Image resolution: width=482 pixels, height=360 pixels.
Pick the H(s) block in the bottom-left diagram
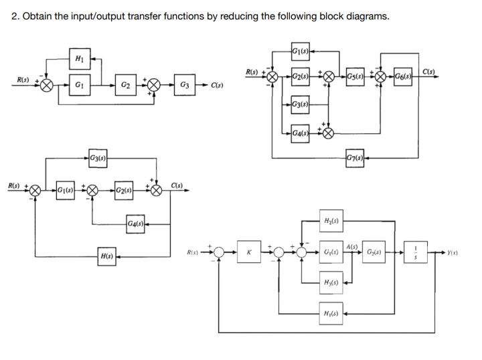(x=105, y=256)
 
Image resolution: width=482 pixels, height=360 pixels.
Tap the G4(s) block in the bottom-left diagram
(x=136, y=222)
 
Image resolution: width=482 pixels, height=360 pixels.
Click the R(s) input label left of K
(x=194, y=252)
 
